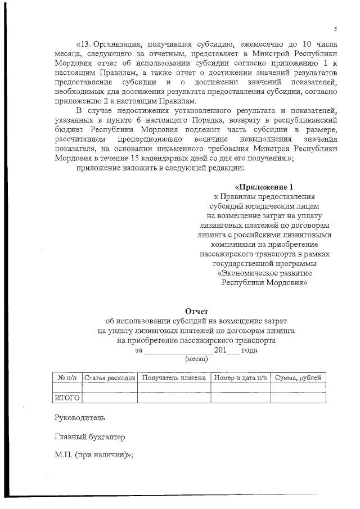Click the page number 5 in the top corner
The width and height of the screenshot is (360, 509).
(335, 29)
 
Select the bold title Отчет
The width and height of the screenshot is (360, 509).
(196, 311)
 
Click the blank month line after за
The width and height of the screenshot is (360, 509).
(178, 350)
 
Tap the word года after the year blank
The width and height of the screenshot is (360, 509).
(250, 350)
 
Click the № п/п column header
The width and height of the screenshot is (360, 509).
(67, 377)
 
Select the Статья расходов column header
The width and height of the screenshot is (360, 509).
(110, 377)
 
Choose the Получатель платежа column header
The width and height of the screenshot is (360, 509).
(174, 377)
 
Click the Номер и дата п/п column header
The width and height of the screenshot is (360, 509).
(240, 377)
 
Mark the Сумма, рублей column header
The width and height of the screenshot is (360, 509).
(298, 377)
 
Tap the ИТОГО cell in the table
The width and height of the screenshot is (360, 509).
(67, 398)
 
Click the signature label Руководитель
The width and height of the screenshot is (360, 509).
(79, 418)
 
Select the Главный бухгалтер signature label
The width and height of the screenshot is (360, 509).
(89, 437)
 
